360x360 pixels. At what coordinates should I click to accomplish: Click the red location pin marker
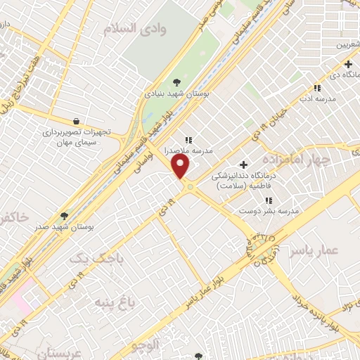181,167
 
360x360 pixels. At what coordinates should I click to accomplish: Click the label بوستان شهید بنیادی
163,92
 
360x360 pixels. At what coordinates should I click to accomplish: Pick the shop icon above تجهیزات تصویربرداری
75,120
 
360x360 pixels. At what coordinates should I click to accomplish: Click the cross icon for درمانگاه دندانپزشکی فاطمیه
243,165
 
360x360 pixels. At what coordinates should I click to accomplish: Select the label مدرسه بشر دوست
269,211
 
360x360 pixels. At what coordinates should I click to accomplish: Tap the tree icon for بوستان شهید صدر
64,216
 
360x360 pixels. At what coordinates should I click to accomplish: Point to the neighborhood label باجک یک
100,259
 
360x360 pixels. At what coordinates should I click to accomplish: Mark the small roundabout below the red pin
189,186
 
